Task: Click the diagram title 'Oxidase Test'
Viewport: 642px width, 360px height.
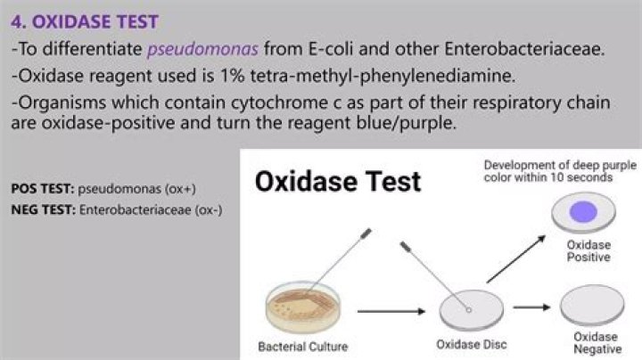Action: point(338,183)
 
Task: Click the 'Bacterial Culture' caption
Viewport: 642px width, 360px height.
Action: point(302,346)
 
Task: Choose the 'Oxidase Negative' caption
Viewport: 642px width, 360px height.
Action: point(596,343)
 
